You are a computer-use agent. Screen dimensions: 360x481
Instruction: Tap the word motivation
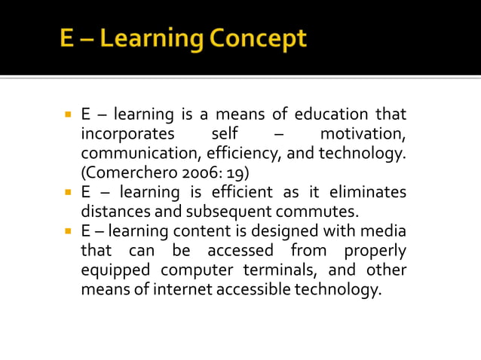(363, 135)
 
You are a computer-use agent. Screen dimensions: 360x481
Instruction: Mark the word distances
(113, 212)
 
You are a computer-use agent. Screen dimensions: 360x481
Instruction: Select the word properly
(375, 250)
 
